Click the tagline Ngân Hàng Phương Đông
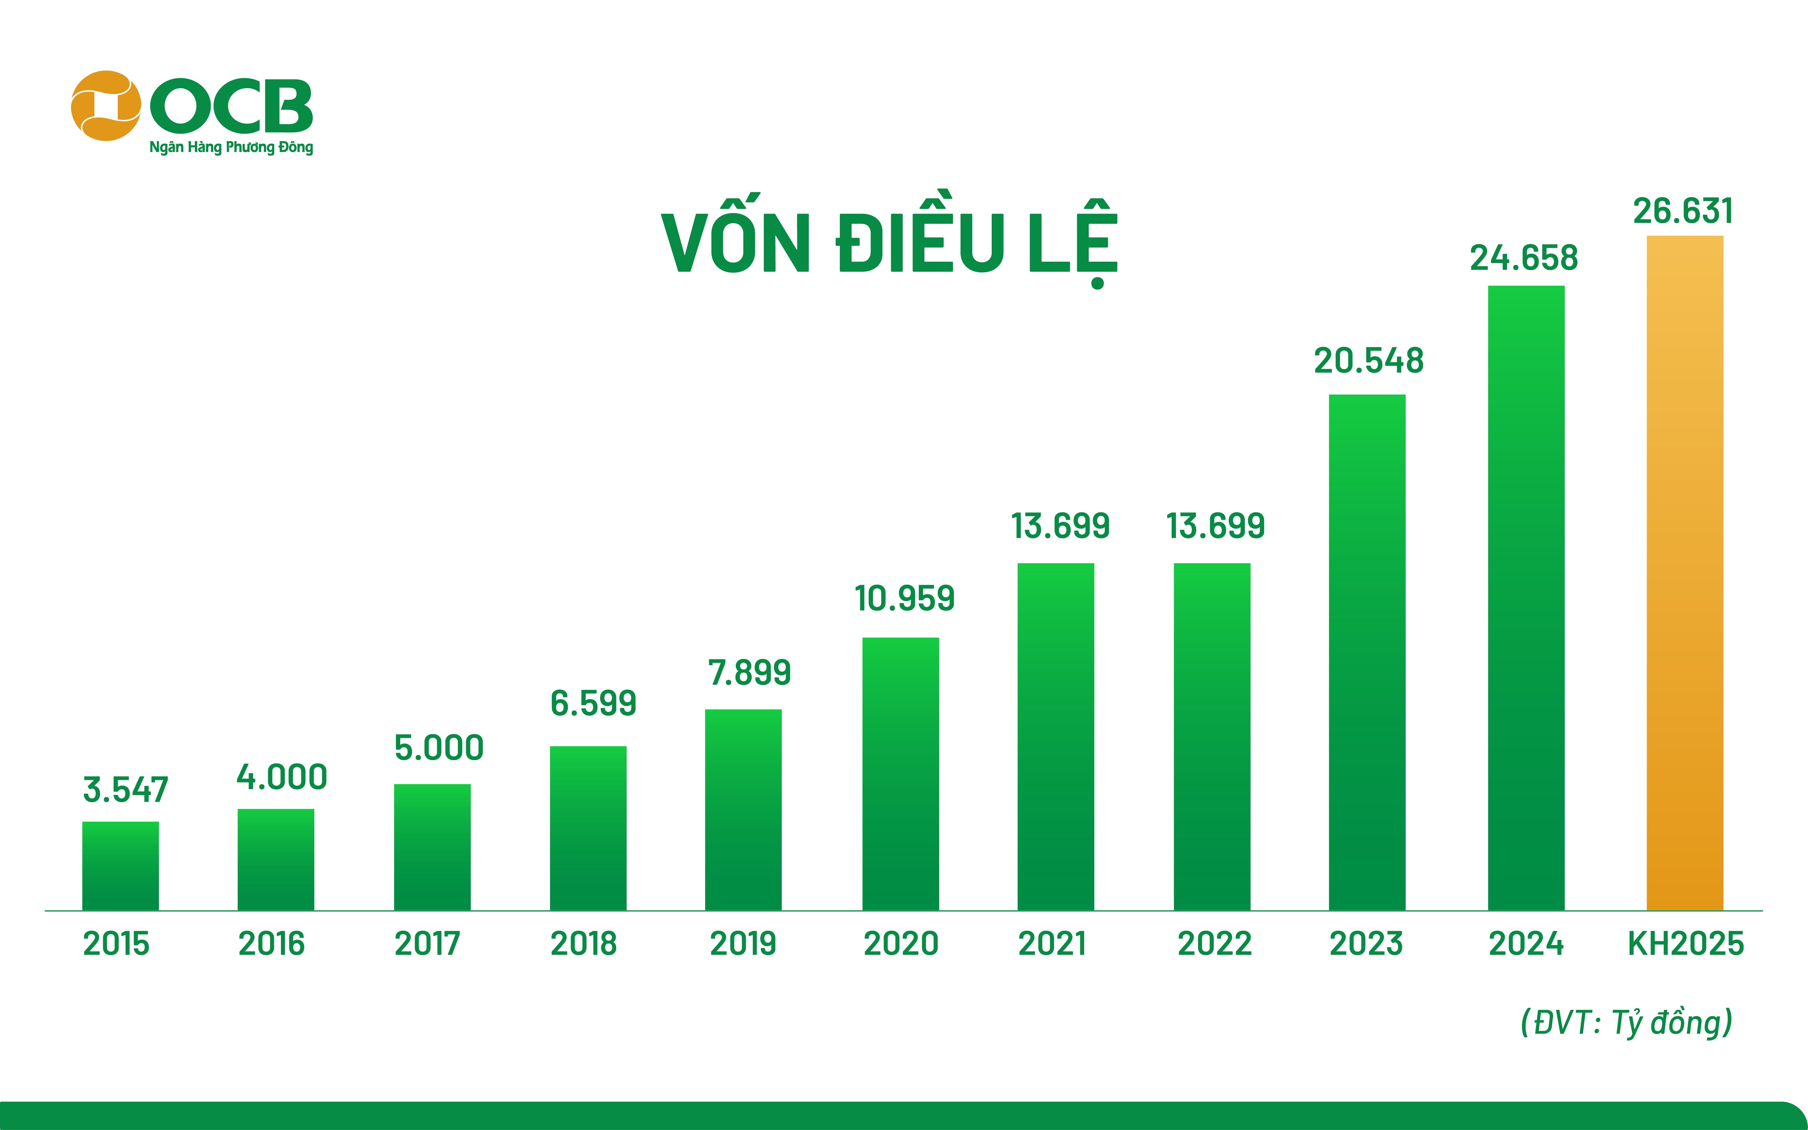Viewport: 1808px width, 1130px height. click(x=231, y=147)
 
